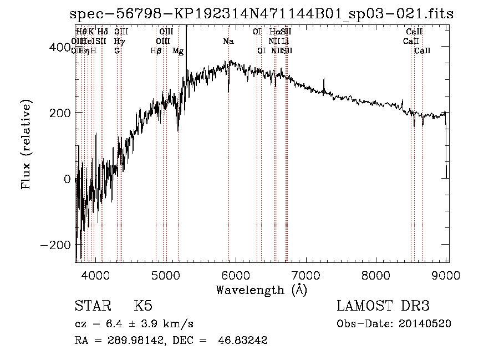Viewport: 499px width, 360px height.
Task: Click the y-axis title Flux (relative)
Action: click(26, 144)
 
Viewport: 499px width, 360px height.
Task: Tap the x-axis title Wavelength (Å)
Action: click(261, 290)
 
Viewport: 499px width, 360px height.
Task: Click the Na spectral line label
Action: click(228, 42)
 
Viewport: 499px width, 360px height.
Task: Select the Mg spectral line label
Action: click(178, 51)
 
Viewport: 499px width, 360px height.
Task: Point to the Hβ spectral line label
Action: click(156, 51)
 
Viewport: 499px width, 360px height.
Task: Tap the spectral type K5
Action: click(143, 306)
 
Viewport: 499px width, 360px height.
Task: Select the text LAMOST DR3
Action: click(383, 306)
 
